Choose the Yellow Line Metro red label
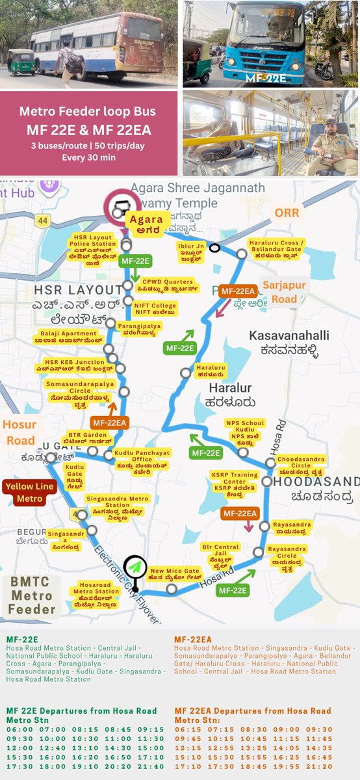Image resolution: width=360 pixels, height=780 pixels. (x=29, y=492)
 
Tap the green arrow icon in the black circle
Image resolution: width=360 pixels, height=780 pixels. (x=136, y=567)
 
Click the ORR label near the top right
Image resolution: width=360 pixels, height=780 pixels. (x=287, y=213)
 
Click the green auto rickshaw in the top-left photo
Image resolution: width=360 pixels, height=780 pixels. (x=20, y=62)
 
